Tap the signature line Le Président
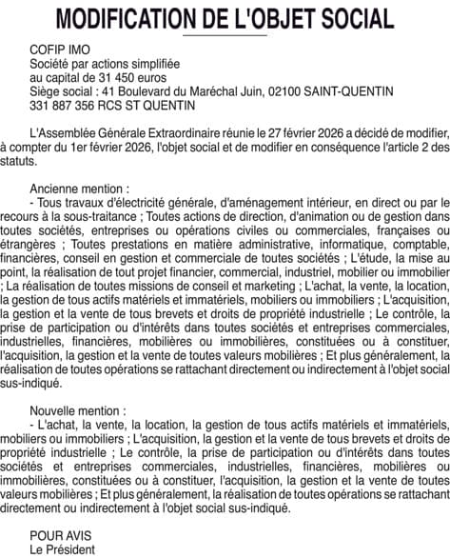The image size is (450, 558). tap(64, 550)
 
